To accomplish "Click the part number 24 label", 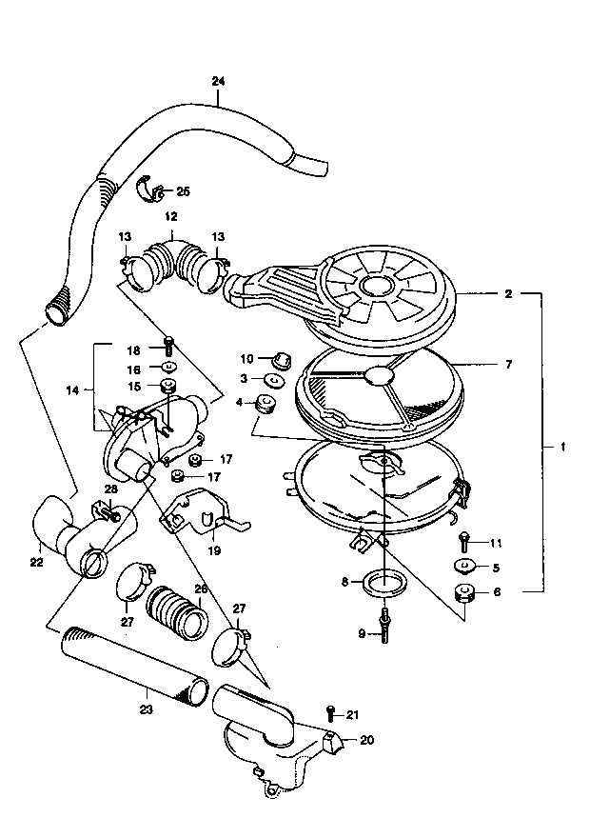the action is pos(218,81).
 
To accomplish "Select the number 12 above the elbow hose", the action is pos(171,217).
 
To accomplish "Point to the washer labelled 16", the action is pos(168,367).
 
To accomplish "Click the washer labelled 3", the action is pos(274,379).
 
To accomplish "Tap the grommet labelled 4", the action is pos(265,403).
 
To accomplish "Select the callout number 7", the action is pos(508,365).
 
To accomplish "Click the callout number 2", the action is pos(508,293).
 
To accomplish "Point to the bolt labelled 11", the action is pos(462,543).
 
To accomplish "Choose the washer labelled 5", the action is pos(464,566).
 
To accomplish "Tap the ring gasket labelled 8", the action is pos(383,583).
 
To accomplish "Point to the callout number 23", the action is pos(147,709).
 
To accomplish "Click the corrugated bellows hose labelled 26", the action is pos(176,613).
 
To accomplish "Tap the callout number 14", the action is pos(72,390).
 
